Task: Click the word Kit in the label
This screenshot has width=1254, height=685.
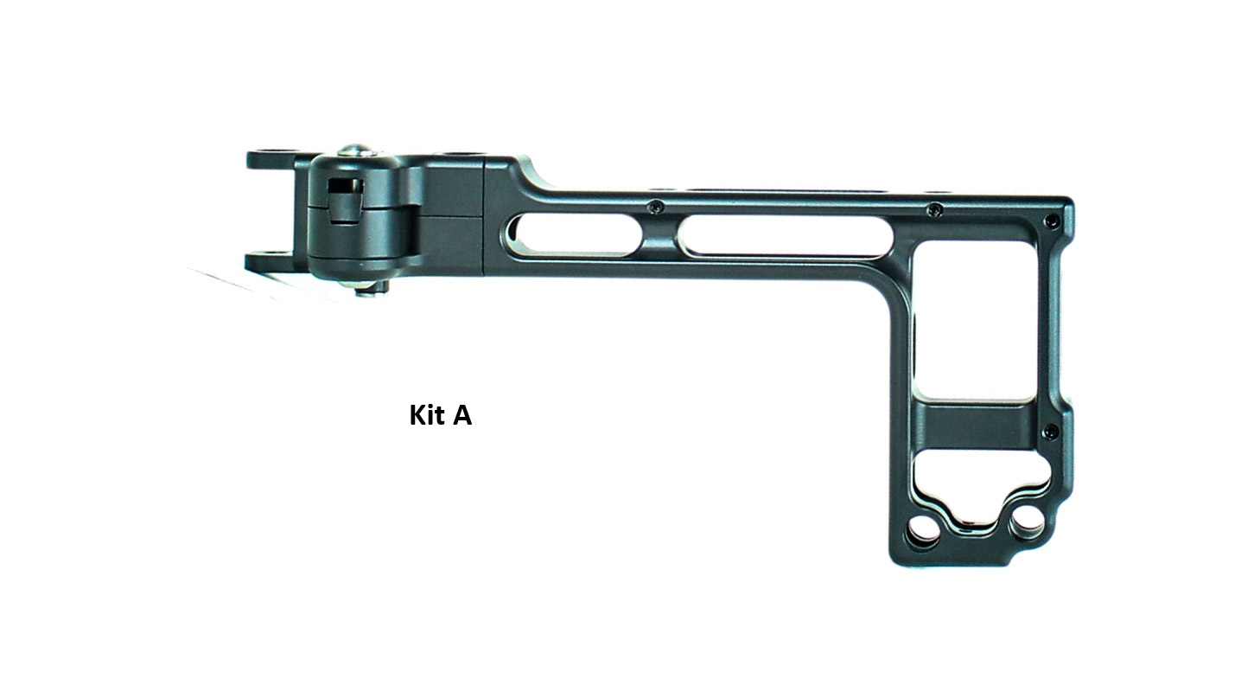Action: click(428, 415)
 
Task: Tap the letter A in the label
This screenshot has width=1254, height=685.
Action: click(462, 416)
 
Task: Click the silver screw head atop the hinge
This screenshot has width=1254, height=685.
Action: click(357, 150)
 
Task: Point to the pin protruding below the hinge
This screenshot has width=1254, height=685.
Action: click(370, 288)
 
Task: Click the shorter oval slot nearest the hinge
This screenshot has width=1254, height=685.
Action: click(573, 235)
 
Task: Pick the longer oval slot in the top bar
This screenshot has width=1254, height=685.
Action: click(785, 236)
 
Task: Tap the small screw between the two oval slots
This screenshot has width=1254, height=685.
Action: click(659, 208)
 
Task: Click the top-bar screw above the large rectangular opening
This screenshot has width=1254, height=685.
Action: click(934, 210)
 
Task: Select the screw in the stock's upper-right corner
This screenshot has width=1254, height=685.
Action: click(1051, 221)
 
